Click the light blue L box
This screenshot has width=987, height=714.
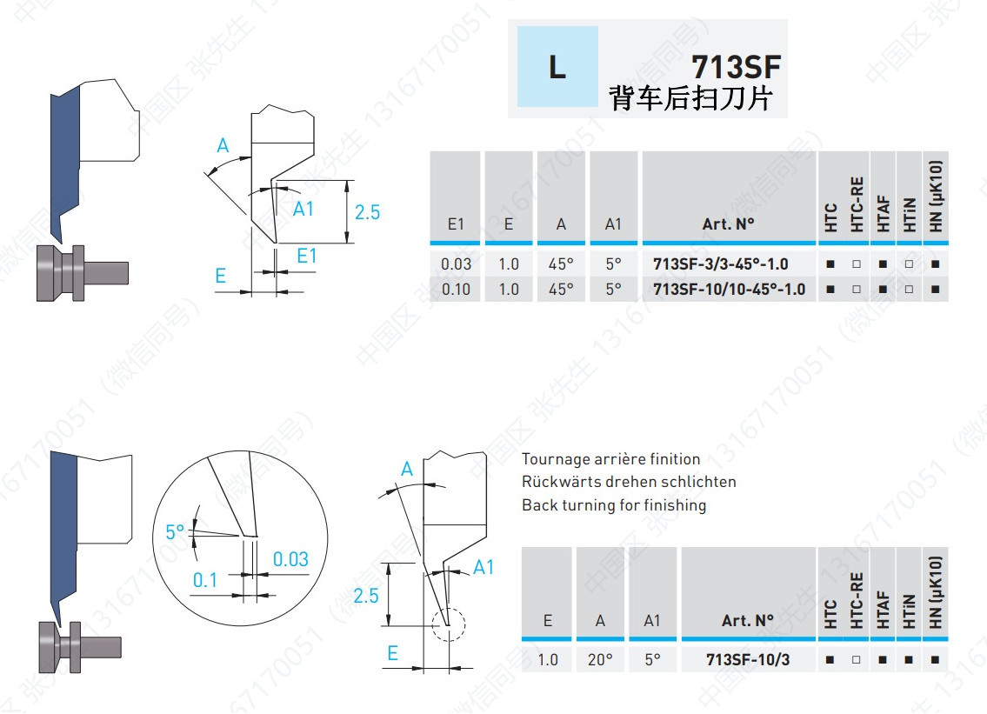click(x=557, y=66)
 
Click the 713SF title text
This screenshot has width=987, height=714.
click(x=736, y=67)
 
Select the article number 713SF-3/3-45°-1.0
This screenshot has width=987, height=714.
click(x=720, y=264)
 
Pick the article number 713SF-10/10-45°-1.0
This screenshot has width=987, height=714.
click(x=729, y=289)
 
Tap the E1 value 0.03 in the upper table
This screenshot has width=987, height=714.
click(x=456, y=264)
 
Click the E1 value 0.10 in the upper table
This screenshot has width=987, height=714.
click(x=456, y=289)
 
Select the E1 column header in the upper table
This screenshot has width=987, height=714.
click(x=456, y=224)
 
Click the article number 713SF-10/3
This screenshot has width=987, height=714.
click(x=748, y=659)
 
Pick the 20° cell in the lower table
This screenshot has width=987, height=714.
click(x=600, y=659)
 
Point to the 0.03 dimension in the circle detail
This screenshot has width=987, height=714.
click(x=290, y=559)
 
